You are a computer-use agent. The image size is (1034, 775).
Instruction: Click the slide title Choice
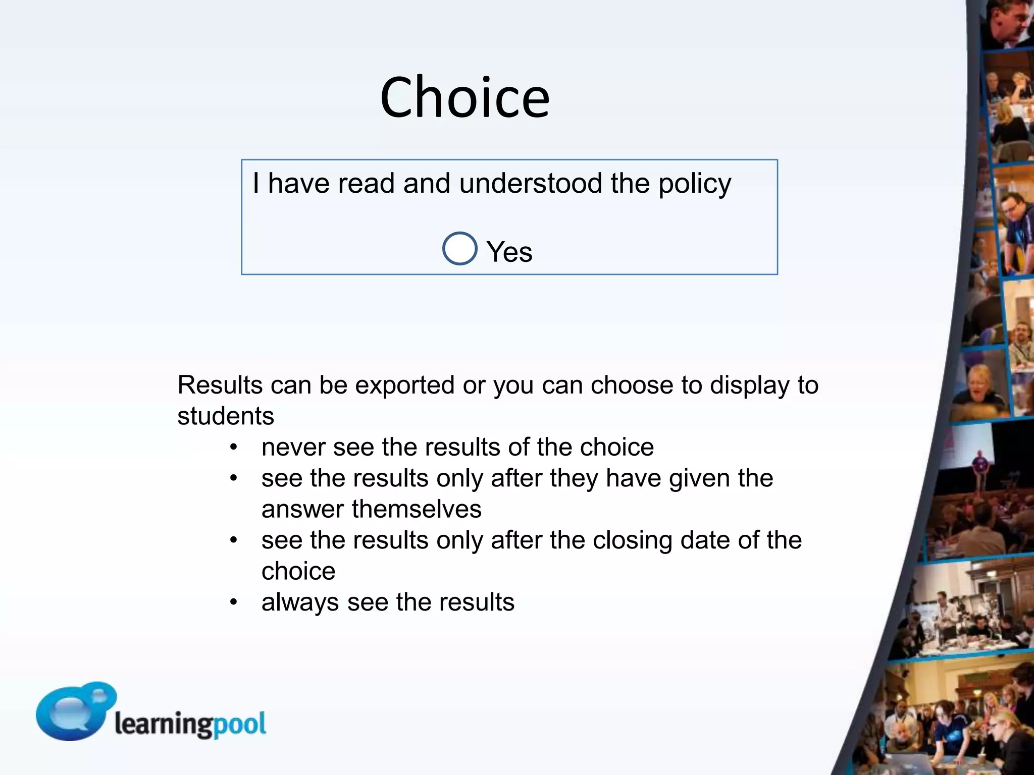pos(464,97)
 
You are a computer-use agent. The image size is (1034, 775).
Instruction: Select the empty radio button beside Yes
pos(459,248)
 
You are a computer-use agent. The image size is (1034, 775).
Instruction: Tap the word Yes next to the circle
pos(509,252)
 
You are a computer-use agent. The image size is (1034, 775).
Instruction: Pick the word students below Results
pos(226,416)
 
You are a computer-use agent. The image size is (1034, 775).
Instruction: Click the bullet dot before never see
pos(233,448)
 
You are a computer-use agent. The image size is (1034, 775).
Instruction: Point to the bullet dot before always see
pos(233,602)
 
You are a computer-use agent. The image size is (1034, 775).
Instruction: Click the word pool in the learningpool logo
pos(239,725)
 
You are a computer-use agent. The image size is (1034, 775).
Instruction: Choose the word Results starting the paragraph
pos(220,385)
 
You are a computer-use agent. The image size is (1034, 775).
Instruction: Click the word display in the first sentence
pos(749,385)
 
